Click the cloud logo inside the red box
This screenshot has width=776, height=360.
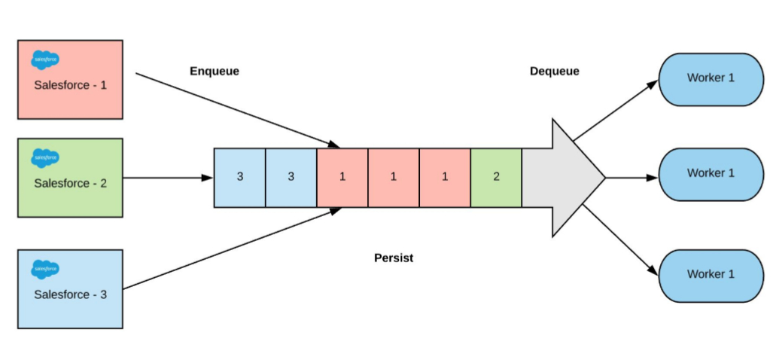coord(45,59)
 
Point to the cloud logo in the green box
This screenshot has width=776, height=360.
coord(45,157)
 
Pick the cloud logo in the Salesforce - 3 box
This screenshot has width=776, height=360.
coord(45,268)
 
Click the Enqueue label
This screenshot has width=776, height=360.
coord(214,72)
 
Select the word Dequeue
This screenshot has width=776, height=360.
coord(554,72)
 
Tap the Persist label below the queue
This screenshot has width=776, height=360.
coord(394,258)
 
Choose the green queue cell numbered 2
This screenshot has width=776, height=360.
coord(496,178)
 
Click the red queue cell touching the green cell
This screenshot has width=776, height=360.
coord(445,178)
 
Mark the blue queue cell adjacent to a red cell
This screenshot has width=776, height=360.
coord(291,178)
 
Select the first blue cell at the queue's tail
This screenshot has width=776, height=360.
coord(240,178)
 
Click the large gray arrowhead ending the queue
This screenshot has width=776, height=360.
coord(572,178)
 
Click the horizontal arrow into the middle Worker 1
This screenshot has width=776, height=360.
coord(631,178)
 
